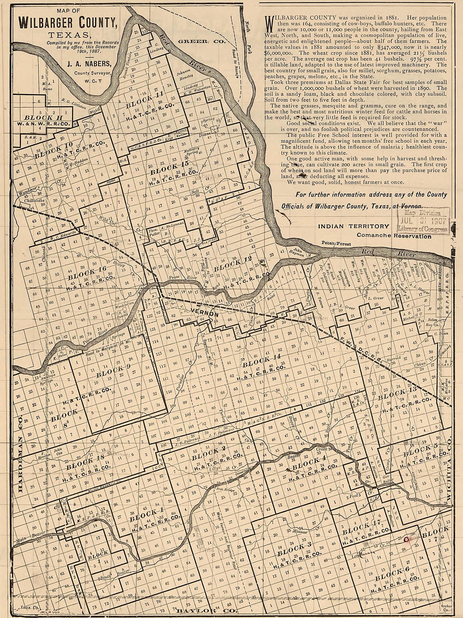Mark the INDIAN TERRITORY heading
point(353,226)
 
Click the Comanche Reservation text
point(394,236)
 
